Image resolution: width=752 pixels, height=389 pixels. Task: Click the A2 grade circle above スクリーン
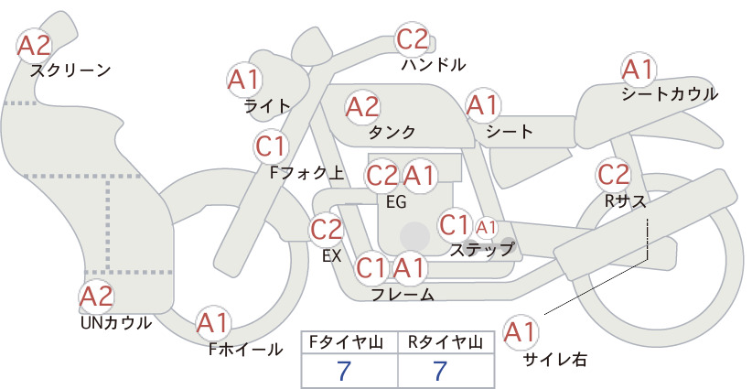pos(34,45)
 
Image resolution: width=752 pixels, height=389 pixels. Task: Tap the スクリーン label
pos(70,70)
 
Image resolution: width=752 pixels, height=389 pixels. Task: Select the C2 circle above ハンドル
pos(413,39)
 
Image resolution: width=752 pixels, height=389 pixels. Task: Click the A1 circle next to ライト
pos(244,80)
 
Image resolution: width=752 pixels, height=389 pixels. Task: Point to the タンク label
pos(392,132)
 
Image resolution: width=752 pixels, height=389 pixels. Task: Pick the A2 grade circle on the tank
pos(362,107)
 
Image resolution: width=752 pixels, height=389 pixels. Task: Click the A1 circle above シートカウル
pos(639,70)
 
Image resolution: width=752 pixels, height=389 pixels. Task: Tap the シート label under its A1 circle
pos(510,131)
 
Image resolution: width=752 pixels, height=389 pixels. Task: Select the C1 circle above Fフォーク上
pos(272,146)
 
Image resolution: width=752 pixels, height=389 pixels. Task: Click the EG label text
pos(396,202)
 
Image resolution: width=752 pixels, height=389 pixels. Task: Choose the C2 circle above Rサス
pos(613,175)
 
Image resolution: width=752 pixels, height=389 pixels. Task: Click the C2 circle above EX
pos(327,229)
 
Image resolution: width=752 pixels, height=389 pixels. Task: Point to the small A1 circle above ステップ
pos(487,228)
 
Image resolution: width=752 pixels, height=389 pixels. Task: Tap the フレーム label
pos(403,294)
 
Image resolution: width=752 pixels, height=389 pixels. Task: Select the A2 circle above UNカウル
pos(96,296)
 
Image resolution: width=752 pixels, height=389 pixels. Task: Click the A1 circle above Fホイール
pos(213,323)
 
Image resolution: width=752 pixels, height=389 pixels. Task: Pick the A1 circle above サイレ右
pos(520,332)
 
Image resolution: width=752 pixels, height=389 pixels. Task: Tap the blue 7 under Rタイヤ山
pos(440,371)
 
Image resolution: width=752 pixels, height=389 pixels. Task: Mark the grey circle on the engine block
pos(414,236)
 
